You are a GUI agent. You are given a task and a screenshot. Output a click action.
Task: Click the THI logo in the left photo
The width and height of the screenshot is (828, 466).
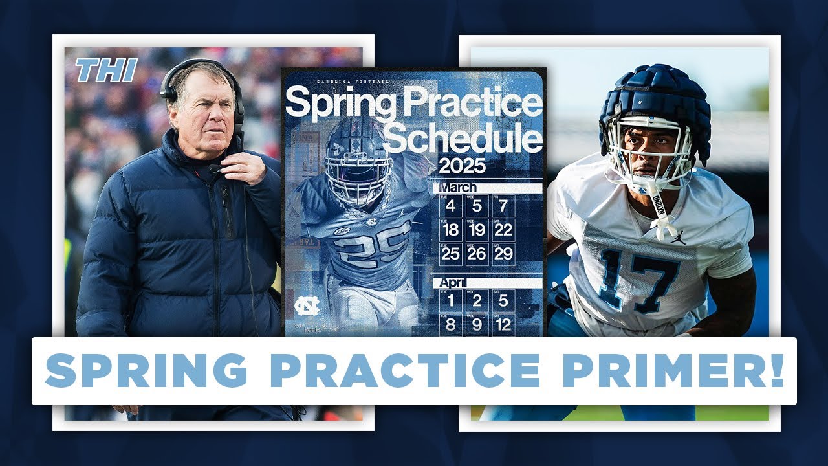pyautogui.click(x=106, y=71)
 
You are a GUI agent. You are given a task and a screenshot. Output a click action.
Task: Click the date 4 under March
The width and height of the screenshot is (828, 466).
pyautogui.click(x=450, y=206)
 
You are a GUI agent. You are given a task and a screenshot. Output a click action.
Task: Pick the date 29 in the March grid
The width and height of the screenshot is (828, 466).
pyautogui.click(x=503, y=254)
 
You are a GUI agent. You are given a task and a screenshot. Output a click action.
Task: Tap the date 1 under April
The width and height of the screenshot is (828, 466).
pyautogui.click(x=450, y=301)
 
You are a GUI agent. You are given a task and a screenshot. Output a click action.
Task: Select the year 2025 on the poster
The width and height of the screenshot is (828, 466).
pyautogui.click(x=463, y=166)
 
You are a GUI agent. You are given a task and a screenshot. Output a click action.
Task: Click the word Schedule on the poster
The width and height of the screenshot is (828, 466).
pyautogui.click(x=466, y=139)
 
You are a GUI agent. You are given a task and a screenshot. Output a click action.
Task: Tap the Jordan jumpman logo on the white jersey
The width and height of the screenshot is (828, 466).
pyautogui.click(x=678, y=238)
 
